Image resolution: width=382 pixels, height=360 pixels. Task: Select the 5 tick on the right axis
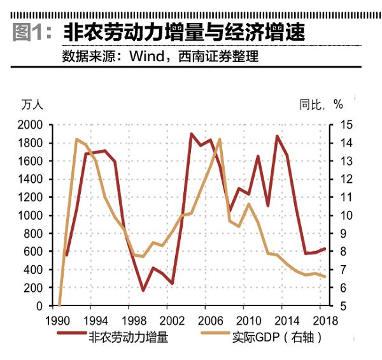[x=339, y=306]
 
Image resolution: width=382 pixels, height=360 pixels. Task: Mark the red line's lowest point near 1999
[x=143, y=291]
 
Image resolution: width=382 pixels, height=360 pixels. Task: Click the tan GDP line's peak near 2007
[x=220, y=139]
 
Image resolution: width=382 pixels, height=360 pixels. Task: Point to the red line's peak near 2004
[x=191, y=134]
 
